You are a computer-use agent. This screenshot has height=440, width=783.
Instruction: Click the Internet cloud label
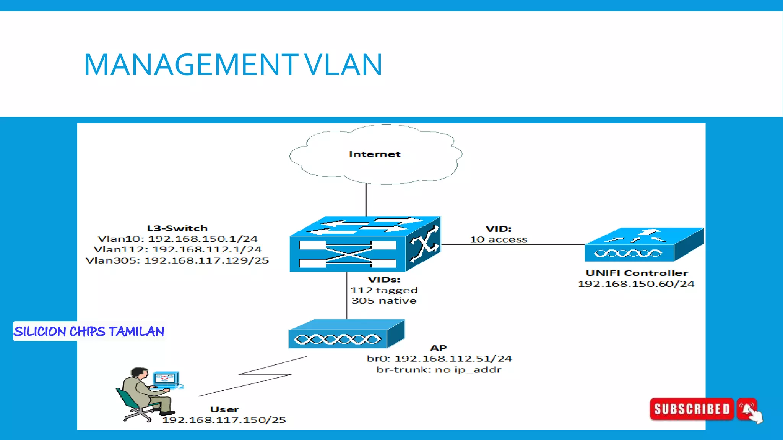pos(375,154)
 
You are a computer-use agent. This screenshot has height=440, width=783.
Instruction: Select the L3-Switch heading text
pos(177,228)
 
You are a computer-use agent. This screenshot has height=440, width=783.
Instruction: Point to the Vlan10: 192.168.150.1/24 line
pos(178,239)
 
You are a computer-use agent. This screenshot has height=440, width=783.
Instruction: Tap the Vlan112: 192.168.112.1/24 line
pos(178,250)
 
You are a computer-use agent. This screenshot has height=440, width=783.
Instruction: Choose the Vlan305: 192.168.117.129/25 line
pos(177,260)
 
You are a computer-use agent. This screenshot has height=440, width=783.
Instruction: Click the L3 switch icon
pos(365,244)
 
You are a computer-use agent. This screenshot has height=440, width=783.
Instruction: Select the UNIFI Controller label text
pos(637,273)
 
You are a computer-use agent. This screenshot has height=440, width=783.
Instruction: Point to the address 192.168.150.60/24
pos(636,284)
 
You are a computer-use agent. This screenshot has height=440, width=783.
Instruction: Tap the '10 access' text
pos(499,240)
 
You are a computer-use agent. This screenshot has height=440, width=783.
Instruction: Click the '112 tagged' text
pos(384,290)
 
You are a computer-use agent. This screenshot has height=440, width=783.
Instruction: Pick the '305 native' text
pos(384,301)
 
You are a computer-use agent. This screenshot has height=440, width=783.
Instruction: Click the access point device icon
pos(346,335)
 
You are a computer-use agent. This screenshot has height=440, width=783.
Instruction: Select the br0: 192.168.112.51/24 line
pos(439,359)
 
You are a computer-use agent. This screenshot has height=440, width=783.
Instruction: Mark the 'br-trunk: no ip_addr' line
pos(439,370)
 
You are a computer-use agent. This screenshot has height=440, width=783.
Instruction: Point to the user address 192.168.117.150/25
pos(224,420)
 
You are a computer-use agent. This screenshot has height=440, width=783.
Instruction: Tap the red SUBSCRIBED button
pos(692,409)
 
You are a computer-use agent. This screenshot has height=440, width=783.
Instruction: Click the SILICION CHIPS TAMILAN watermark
pos(89,332)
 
